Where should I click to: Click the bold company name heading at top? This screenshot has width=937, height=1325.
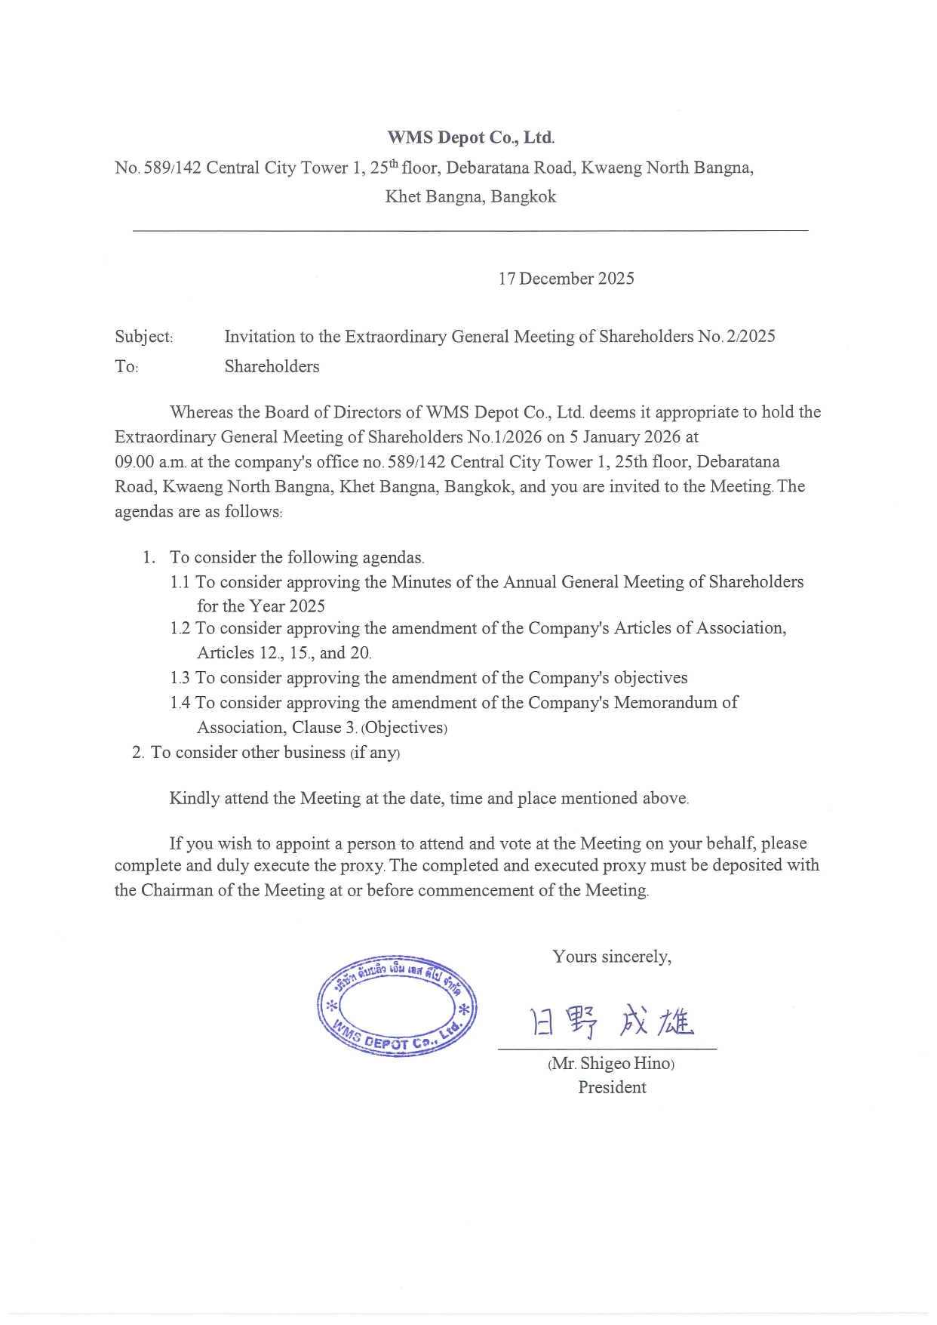coord(471,137)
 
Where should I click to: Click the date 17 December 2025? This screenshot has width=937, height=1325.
coord(566,279)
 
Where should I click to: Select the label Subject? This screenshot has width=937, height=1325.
coord(144,337)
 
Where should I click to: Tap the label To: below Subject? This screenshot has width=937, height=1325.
coord(126,367)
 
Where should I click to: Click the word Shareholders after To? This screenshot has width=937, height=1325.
coord(272,367)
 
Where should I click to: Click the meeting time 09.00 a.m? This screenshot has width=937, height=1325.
coord(150,462)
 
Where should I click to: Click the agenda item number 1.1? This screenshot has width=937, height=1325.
coord(180,582)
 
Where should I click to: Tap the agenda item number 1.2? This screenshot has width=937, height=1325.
coord(180,628)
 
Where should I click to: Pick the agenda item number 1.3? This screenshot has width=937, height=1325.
coord(180,678)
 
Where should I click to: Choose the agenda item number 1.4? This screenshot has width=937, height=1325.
coord(180,703)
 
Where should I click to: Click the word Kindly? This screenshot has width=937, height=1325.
coord(194,799)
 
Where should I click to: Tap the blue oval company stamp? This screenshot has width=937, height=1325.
coord(397,1006)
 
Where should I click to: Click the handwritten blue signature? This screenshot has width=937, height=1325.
coord(612,1022)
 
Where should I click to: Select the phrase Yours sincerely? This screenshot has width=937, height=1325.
coord(612,957)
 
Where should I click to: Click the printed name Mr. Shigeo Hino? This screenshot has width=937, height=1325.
coord(611,1064)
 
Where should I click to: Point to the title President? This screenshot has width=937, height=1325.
coord(612,1088)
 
